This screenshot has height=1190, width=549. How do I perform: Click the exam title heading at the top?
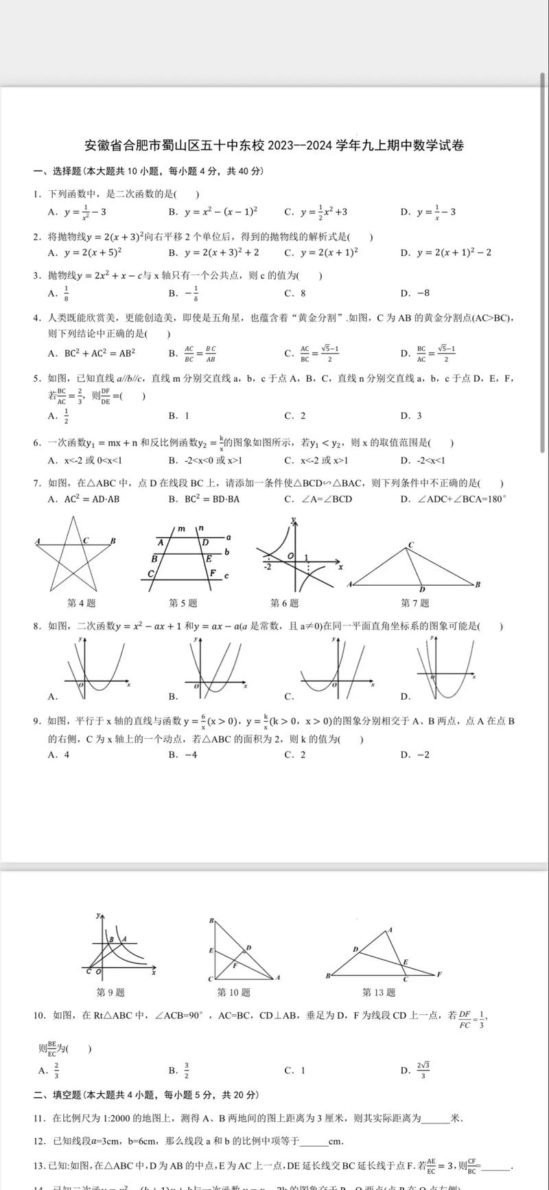click(x=274, y=146)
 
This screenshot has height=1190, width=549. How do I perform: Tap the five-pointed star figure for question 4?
click(x=75, y=553)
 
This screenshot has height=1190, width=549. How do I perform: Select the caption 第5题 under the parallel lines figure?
click(x=183, y=603)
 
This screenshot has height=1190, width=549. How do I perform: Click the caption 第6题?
click(x=284, y=603)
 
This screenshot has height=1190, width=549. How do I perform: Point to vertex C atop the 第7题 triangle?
click(x=411, y=545)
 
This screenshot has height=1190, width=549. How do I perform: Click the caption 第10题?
click(x=233, y=992)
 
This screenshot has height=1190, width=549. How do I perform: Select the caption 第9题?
click(x=110, y=992)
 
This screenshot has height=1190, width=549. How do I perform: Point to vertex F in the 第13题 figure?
click(x=439, y=974)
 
